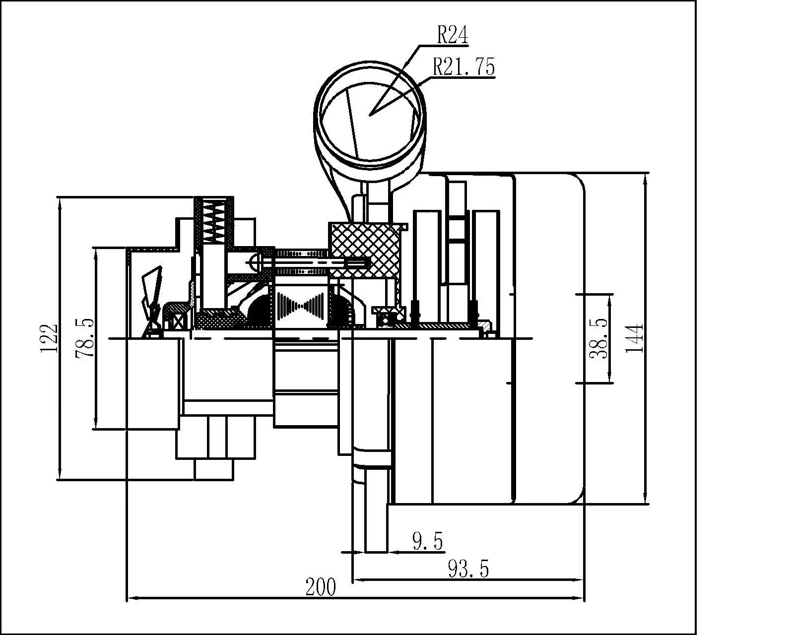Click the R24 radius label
pos(452,36)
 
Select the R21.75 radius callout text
pos(464,67)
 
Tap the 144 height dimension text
pos(634,338)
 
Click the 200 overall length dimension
pos(321,587)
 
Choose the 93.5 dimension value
pos(468,569)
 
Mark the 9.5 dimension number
pos(427,541)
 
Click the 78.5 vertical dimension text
pos(84,338)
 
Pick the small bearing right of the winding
pos(385,318)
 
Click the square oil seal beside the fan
pos(177,320)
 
